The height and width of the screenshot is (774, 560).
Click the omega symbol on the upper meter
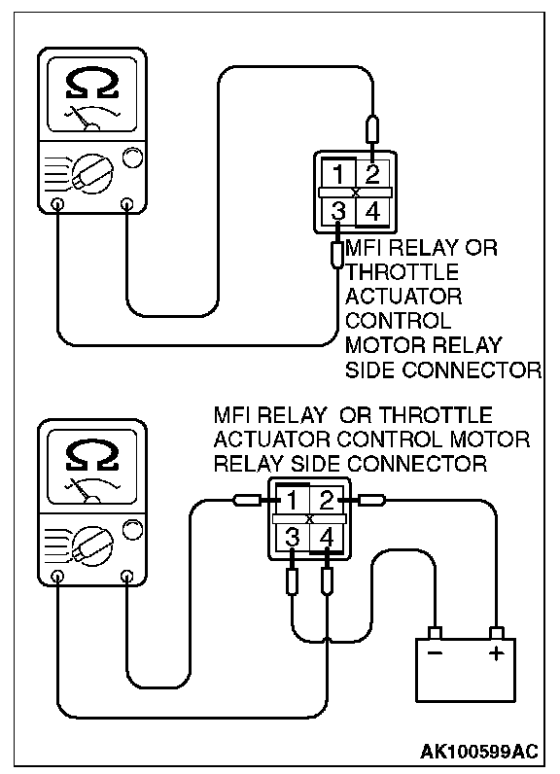(92, 84)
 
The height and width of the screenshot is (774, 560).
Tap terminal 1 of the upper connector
(338, 174)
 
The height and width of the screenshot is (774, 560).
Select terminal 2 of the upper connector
(372, 174)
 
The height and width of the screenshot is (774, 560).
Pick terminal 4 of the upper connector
(372, 212)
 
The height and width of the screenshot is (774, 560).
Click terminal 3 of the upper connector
(338, 212)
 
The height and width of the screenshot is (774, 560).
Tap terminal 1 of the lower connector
(292, 501)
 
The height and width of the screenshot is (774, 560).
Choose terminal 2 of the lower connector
(327, 501)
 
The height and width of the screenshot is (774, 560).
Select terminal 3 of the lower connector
(292, 538)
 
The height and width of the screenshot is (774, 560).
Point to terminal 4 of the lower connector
(327, 538)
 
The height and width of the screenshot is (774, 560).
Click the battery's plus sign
(497, 654)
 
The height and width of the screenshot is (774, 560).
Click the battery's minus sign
(435, 653)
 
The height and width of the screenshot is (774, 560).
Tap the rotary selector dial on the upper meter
(92, 174)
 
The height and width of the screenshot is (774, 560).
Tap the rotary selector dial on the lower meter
(92, 545)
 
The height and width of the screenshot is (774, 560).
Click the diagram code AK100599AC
(478, 751)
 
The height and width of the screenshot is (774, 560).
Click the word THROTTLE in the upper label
(402, 272)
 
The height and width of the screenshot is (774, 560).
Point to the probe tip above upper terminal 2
(372, 130)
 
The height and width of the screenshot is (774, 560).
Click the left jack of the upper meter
(57, 203)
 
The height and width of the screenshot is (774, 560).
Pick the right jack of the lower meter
(127, 575)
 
